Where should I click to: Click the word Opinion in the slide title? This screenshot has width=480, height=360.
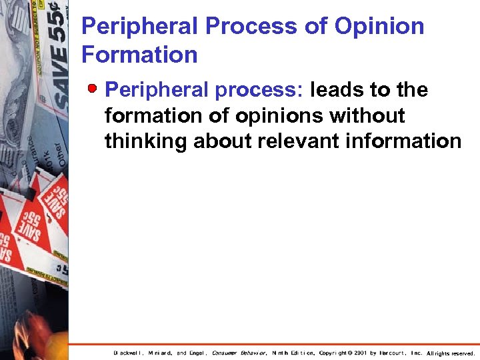379,27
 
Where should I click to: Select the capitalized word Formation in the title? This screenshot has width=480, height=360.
139,55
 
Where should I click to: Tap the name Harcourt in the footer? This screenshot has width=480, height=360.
393,353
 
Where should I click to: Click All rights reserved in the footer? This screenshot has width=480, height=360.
450,353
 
